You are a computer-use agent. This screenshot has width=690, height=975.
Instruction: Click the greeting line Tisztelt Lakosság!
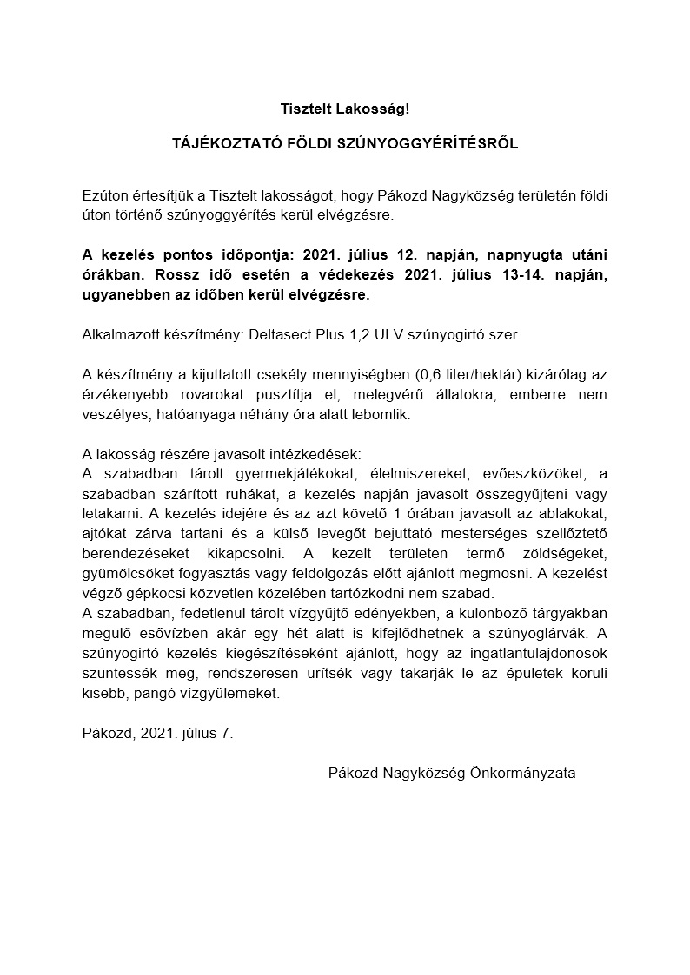point(344,109)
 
